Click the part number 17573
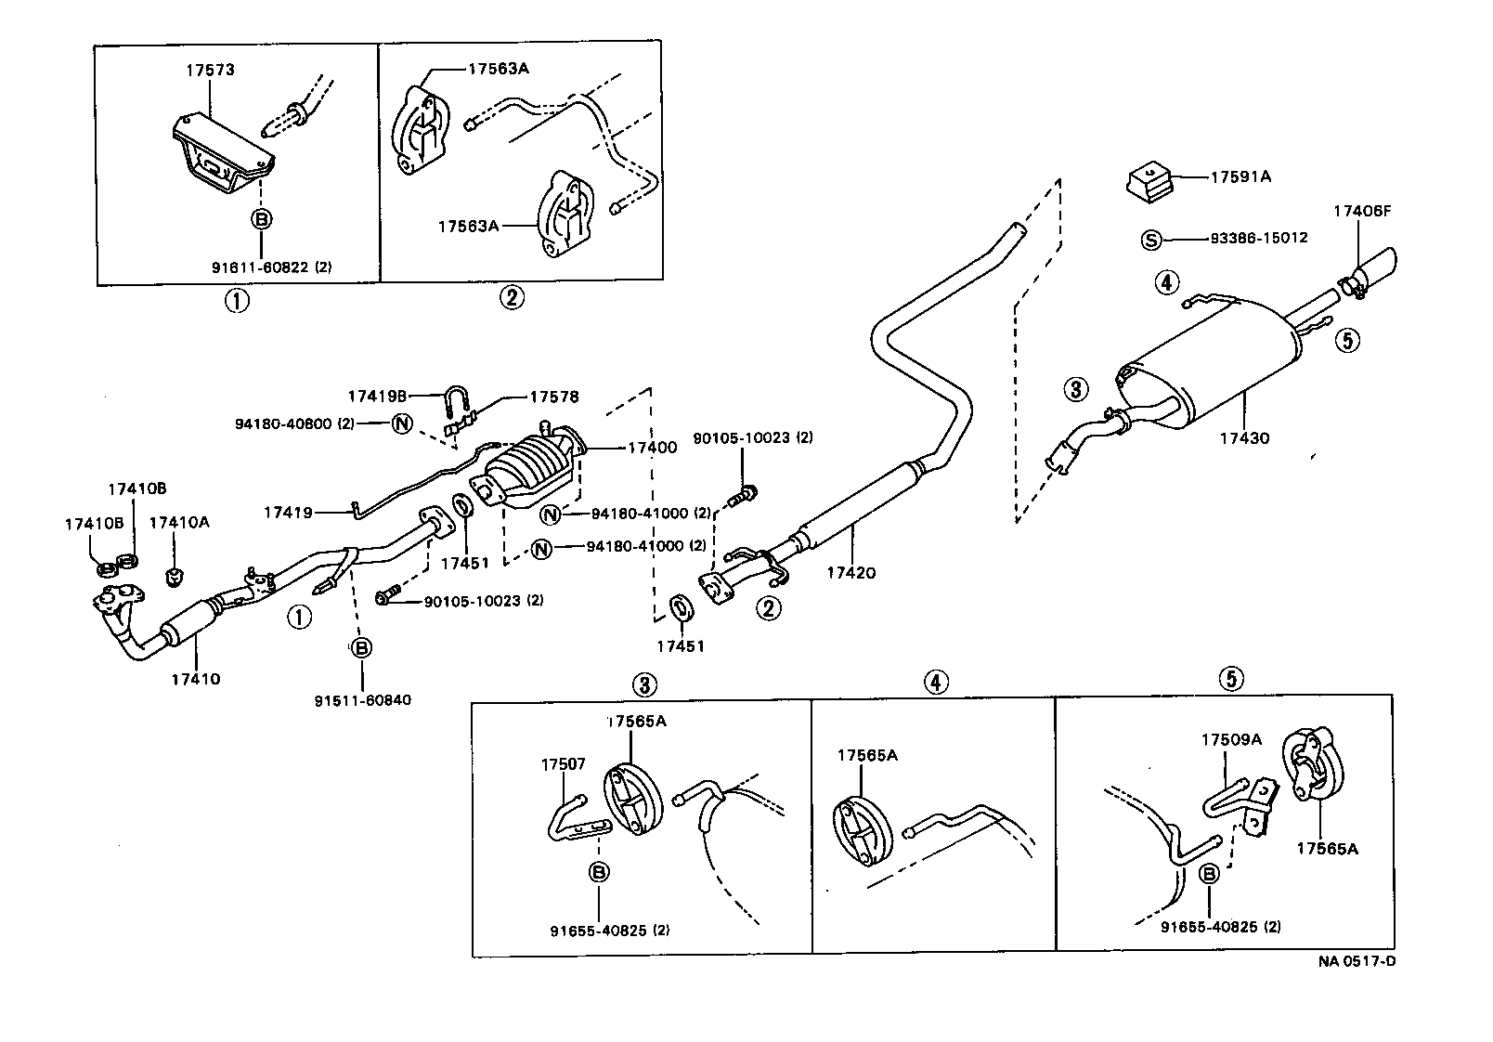(x=209, y=70)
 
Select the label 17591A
(x=1240, y=176)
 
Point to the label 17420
(x=850, y=573)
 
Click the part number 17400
(x=652, y=448)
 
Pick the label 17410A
(x=179, y=523)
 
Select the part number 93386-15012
(x=1258, y=238)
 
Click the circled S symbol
(x=1149, y=240)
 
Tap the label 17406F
(x=1362, y=211)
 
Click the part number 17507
(x=564, y=764)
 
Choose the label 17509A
(x=1231, y=740)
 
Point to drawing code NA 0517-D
(x=1357, y=961)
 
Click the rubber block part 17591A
(x=1152, y=182)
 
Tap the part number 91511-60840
(x=362, y=700)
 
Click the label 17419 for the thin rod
(x=289, y=512)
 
